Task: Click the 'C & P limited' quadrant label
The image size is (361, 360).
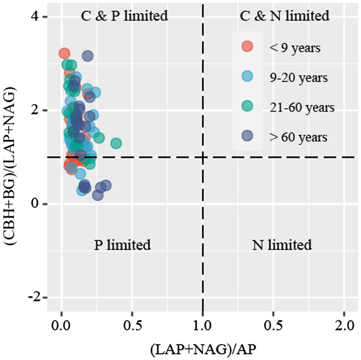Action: click(124, 16)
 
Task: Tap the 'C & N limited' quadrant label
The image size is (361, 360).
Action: click(285, 16)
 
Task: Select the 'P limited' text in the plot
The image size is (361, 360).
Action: click(122, 245)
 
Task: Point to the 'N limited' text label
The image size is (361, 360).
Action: click(282, 245)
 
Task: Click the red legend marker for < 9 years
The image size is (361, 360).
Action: click(248, 47)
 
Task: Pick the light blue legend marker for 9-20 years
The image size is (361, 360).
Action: click(248, 77)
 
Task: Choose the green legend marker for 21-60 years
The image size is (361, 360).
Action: click(248, 107)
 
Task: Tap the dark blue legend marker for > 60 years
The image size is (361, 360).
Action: click(248, 136)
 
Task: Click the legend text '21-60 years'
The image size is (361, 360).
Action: click(296, 107)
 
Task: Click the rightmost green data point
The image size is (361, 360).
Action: click(116, 143)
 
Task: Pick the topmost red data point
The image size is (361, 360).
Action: click(64, 53)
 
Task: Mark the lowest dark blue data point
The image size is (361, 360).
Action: click(98, 195)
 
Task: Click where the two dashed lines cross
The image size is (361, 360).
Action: click(203, 157)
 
